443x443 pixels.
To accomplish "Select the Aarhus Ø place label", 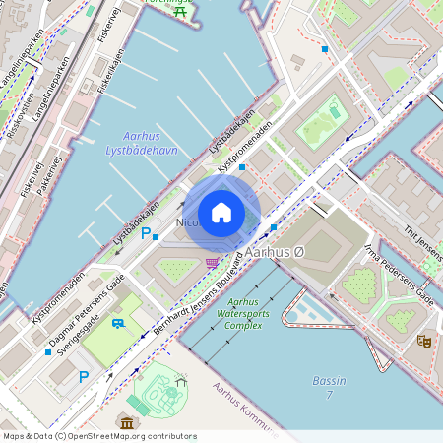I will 279,253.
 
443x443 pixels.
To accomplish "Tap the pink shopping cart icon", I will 212,263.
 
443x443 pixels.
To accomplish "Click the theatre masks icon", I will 424,341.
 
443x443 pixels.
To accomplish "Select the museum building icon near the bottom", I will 125,422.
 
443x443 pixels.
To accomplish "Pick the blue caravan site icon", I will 118,323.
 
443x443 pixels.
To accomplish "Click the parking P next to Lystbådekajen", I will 146,233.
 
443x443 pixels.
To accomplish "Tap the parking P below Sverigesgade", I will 84,376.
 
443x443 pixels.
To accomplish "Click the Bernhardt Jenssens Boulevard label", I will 197,296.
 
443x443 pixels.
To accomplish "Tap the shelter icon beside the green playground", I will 179,379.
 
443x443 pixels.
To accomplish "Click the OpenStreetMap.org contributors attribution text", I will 128,435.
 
